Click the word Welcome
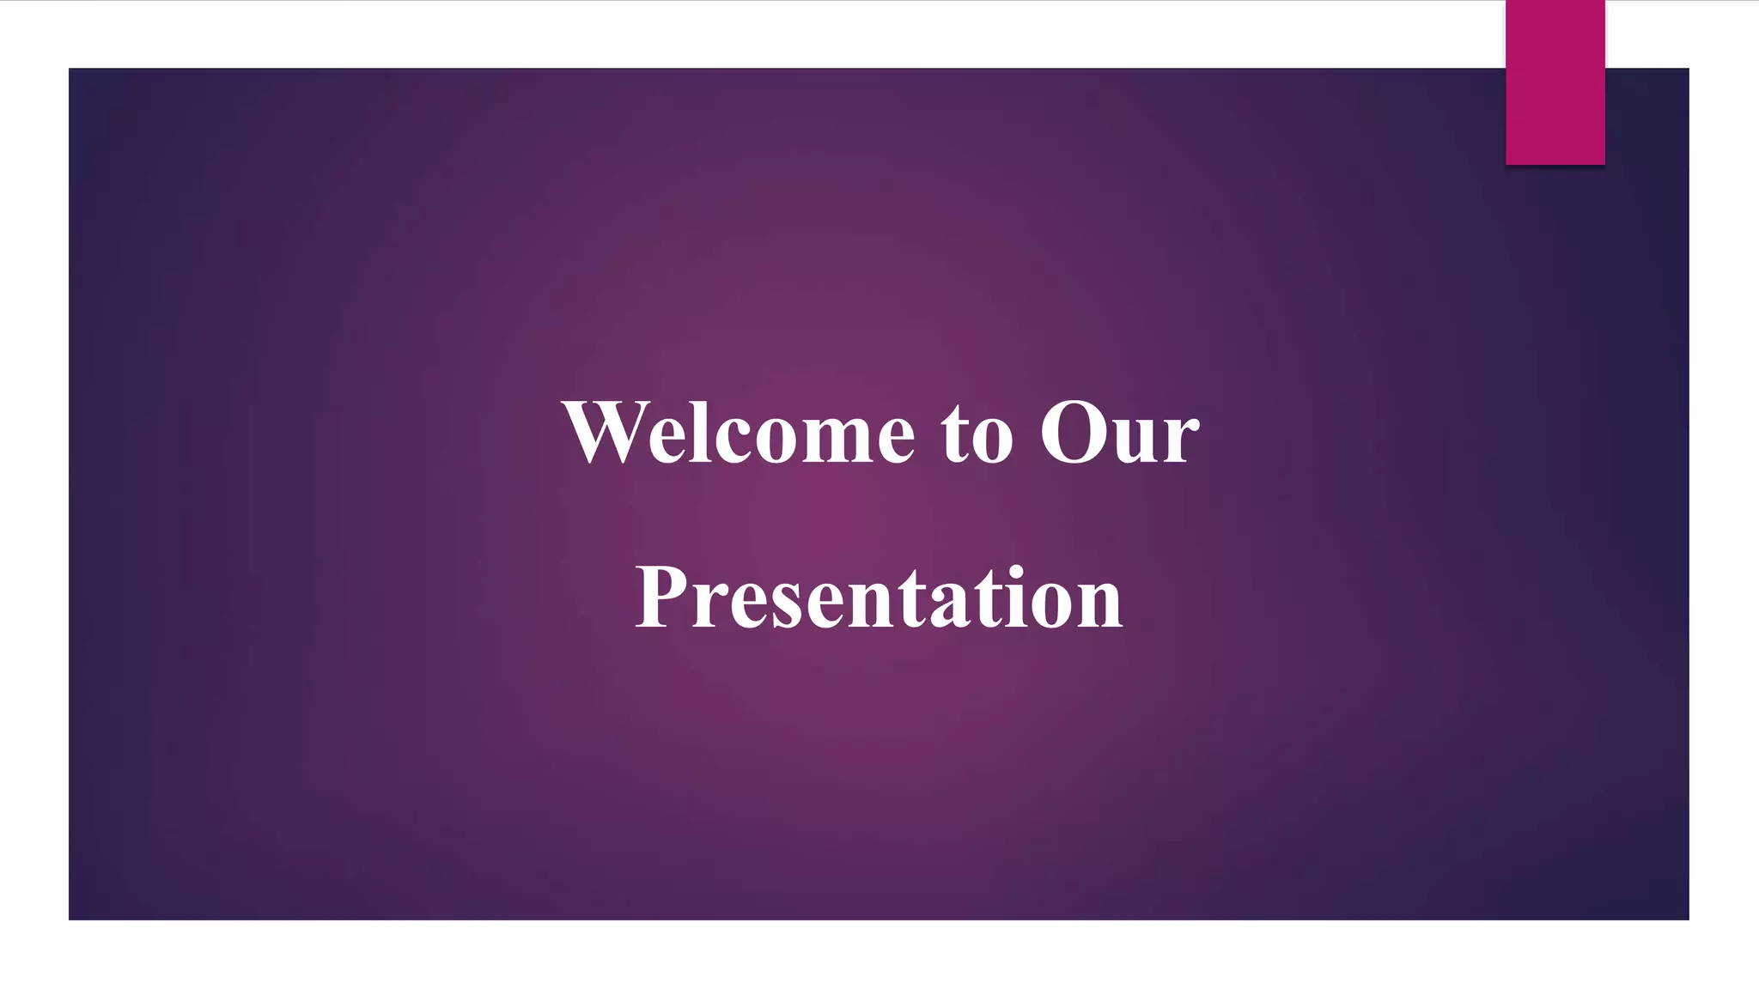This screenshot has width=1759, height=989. pyautogui.click(x=739, y=434)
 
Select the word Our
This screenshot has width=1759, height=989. pyautogui.click(x=1118, y=434)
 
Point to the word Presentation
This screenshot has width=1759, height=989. pyautogui.click(x=878, y=598)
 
